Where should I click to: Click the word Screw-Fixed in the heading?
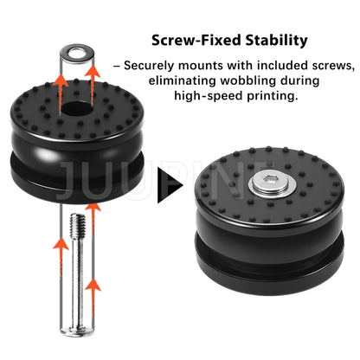click(197, 40)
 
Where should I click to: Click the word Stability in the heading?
click(277, 41)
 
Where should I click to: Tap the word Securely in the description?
click(149, 66)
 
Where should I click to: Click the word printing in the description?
click(272, 96)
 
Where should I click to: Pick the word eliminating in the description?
click(183, 80)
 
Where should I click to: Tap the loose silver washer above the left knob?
click(77, 54)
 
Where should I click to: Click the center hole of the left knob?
click(76, 108)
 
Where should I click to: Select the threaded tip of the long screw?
click(78, 226)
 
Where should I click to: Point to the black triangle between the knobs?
click(170, 184)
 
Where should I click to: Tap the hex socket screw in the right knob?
click(273, 183)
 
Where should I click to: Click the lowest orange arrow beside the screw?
click(93, 298)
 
